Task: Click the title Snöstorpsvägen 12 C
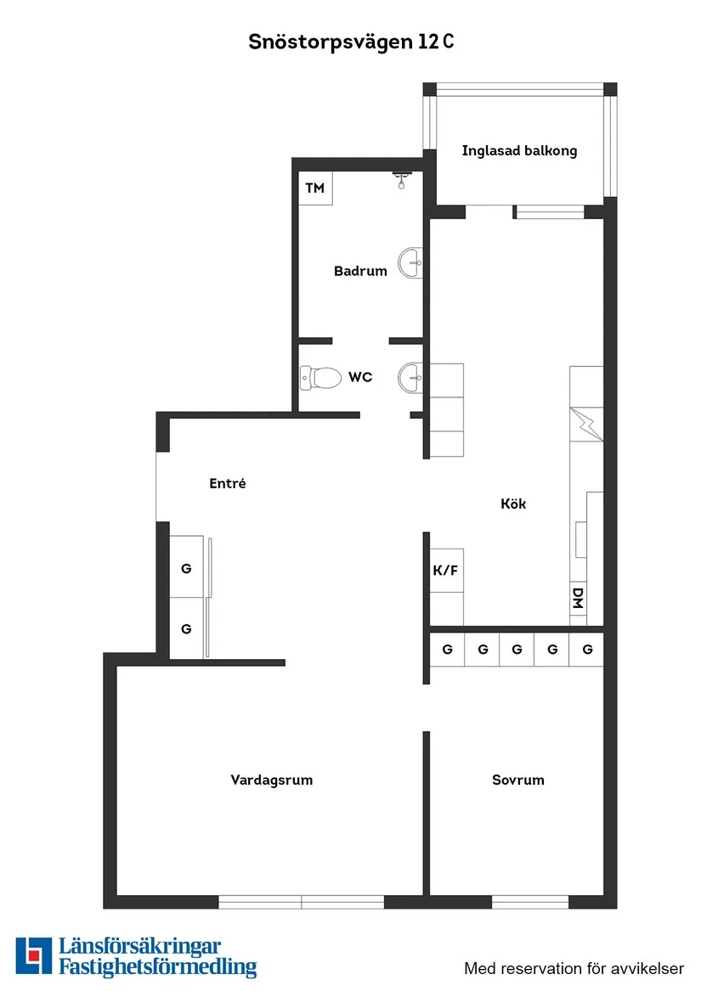[x=351, y=42]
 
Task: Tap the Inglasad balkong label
[x=519, y=151]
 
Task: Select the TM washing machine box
[x=315, y=189]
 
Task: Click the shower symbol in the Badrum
[x=402, y=179]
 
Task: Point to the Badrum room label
[x=360, y=271]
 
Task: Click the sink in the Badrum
[x=410, y=263]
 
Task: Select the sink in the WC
[x=410, y=378]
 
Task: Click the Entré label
[x=228, y=483]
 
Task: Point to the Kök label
[x=513, y=504]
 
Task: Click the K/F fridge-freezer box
[x=447, y=570]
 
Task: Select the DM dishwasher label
[x=578, y=597]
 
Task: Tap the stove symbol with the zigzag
[x=586, y=424]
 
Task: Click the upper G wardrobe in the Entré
[x=187, y=567]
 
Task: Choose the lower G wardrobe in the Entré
[x=187, y=628]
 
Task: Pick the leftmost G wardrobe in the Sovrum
[x=447, y=649]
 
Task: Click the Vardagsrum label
[x=271, y=780]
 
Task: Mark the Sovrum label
[x=518, y=780]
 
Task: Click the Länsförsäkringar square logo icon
[x=33, y=955]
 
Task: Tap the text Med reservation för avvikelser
[x=574, y=968]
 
